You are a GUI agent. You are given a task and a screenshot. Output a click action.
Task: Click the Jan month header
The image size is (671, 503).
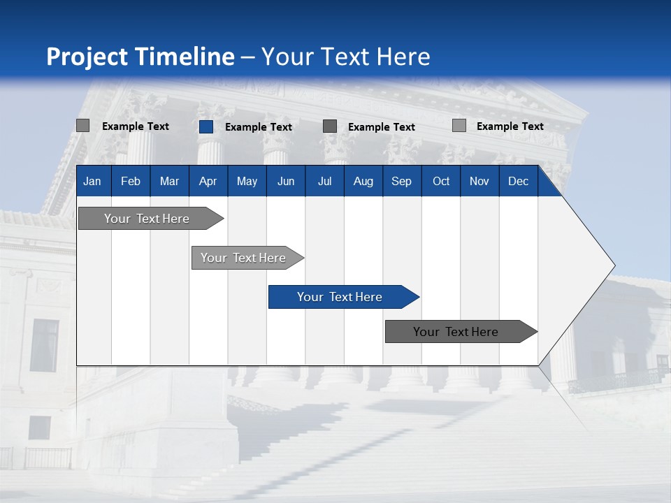93,181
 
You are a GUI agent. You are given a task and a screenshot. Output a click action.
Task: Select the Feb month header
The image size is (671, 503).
131,181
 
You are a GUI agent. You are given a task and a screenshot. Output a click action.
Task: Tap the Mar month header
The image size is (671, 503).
169,181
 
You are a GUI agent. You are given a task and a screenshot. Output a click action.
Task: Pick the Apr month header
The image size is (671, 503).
208,181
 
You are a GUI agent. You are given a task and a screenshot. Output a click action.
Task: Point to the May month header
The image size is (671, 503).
247,181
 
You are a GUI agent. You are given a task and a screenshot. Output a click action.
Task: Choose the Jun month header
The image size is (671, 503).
286,181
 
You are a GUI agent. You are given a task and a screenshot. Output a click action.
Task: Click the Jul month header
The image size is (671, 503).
324,181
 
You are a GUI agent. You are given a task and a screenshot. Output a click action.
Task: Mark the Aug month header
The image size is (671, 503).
363,181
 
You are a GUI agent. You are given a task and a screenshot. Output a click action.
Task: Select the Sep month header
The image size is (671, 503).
402,181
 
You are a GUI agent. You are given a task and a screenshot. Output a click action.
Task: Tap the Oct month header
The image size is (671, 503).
441,181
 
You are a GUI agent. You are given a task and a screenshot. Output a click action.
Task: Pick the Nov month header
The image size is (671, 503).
479,181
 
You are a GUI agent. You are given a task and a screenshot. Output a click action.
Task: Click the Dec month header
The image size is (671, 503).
519,181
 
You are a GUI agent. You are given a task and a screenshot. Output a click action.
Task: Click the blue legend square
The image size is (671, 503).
205,126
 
